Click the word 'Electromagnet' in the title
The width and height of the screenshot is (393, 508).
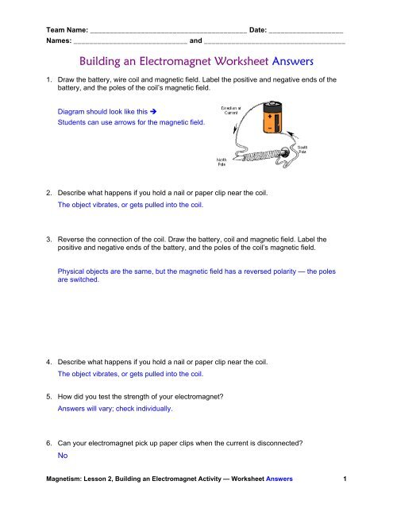(201, 60)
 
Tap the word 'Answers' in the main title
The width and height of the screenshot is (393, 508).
(283, 60)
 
